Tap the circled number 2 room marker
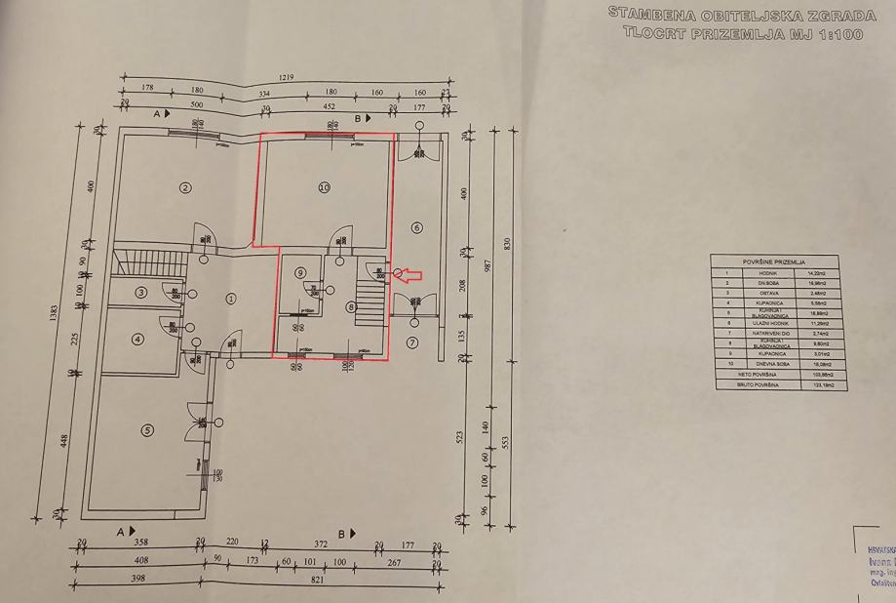(184, 187)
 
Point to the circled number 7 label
(412, 342)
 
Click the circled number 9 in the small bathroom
(301, 272)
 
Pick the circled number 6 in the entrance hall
(417, 227)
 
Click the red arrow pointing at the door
(410, 276)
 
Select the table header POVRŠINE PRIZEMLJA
(773, 263)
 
